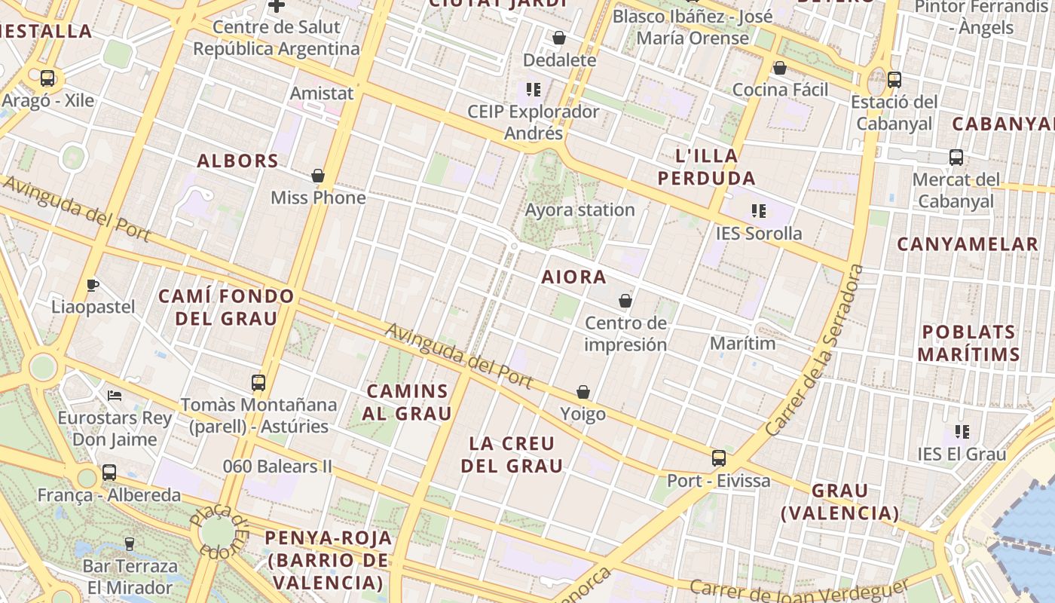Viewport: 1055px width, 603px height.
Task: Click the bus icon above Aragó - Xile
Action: [x=47, y=78]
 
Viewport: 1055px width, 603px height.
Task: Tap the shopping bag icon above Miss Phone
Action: [x=318, y=176]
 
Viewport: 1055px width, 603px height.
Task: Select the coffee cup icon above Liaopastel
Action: [x=93, y=285]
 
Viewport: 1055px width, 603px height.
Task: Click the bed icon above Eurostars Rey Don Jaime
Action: [x=115, y=395]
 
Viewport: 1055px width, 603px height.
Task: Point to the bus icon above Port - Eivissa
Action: [x=719, y=458]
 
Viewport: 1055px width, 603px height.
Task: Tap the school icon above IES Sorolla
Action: [x=758, y=211]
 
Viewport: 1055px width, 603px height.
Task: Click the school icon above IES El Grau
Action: [x=962, y=432]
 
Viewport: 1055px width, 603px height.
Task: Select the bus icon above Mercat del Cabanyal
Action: [x=956, y=158]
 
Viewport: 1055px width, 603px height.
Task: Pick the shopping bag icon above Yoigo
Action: [x=583, y=392]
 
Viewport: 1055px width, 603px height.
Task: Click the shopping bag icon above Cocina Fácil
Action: [x=780, y=68]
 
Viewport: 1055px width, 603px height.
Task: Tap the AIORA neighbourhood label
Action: [x=573, y=277]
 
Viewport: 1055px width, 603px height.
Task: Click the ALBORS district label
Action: [x=238, y=161]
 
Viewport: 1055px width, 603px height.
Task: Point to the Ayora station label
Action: [x=579, y=210]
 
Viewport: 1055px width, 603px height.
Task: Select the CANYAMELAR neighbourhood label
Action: [x=968, y=244]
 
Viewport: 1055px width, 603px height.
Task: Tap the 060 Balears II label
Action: [x=277, y=466]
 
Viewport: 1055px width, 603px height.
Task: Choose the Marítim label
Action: [x=742, y=343]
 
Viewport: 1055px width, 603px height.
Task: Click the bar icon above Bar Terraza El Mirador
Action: [x=130, y=543]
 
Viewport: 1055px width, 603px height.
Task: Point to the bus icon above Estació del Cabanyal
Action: [x=894, y=79]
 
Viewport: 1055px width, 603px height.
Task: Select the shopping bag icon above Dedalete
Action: [x=559, y=38]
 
